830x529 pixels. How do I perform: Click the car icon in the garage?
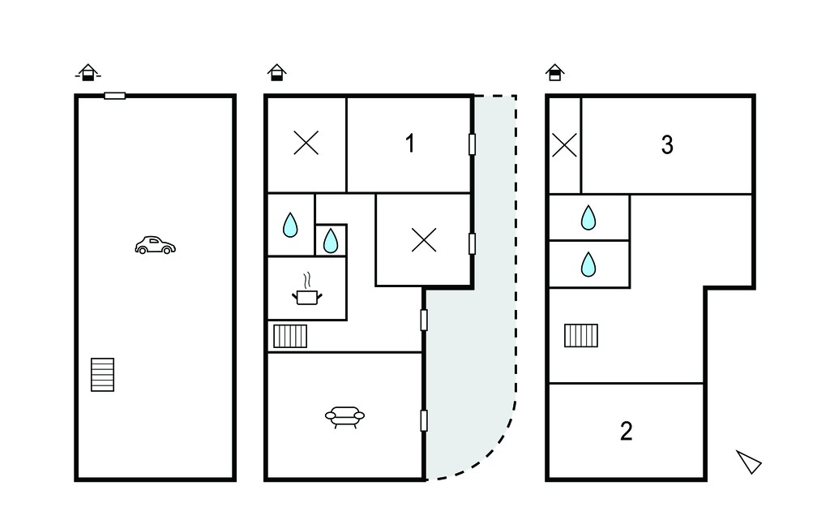point(155,245)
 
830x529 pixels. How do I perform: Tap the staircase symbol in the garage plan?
point(102,375)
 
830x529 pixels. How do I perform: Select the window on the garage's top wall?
point(115,96)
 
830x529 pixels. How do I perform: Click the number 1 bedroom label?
point(409,144)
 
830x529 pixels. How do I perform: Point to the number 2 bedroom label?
point(627,432)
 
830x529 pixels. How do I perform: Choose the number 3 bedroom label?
point(667,144)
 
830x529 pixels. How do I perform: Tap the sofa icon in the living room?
point(344,416)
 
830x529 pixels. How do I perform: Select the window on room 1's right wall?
point(473,144)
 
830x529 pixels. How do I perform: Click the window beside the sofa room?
point(424,420)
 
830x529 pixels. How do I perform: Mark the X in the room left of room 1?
point(306,143)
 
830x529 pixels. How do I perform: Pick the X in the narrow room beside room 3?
point(564,145)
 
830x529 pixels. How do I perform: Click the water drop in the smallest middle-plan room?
point(331,241)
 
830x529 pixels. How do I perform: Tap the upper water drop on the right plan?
point(588,217)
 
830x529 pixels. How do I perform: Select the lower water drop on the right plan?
point(588,264)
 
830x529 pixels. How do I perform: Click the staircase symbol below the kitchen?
point(290,336)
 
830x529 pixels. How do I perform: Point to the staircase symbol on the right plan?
point(581,336)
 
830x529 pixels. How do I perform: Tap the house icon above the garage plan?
point(88,73)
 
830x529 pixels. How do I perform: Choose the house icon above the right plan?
point(554,73)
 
